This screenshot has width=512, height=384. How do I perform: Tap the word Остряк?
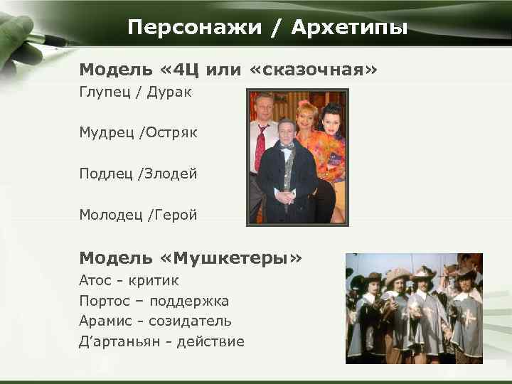coord(173,132)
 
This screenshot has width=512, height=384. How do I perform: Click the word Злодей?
coord(173,174)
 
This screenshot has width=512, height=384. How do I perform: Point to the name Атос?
coord(95,281)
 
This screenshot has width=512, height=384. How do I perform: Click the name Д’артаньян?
coord(117,342)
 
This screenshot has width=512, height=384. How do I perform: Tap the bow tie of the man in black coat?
coord(287,146)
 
